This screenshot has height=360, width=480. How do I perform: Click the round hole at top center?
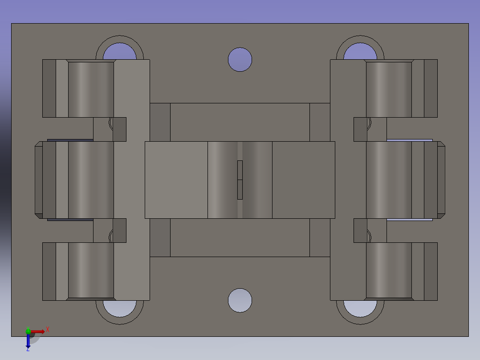[x=240, y=59]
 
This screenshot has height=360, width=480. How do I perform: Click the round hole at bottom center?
[x=240, y=300]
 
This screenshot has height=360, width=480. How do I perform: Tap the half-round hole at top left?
[x=120, y=52]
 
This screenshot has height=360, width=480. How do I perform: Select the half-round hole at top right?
[x=360, y=52]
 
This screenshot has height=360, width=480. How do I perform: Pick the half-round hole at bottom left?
[x=120, y=308]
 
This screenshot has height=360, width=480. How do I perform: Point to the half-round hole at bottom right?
[x=360, y=308]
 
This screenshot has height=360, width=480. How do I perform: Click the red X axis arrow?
[x=38, y=331]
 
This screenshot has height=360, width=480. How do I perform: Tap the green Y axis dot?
[x=28, y=331]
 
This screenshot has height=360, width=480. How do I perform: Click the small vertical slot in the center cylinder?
[x=240, y=180]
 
